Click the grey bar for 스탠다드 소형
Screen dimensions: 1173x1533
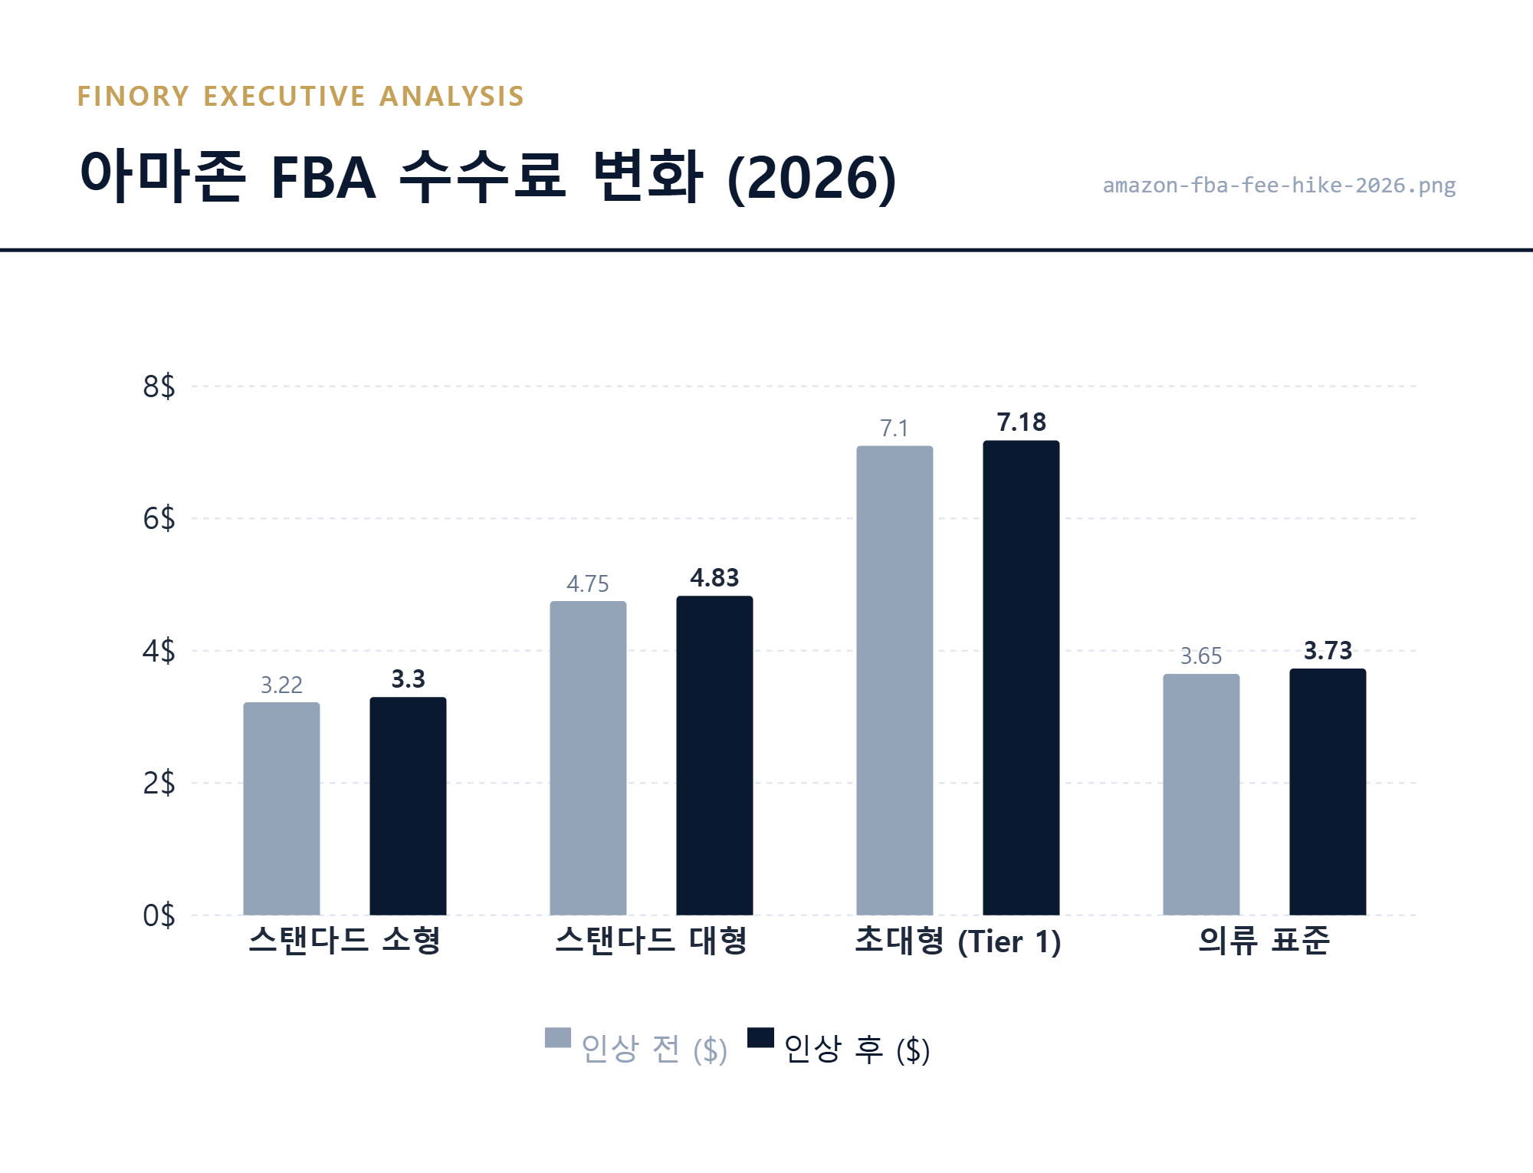click(x=281, y=808)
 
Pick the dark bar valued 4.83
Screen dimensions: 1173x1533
click(x=714, y=755)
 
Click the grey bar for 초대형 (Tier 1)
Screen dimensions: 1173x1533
click(x=895, y=680)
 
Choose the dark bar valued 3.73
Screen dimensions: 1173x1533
click(x=1328, y=791)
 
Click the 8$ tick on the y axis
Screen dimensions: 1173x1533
click(x=159, y=386)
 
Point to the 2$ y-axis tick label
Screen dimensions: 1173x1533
click(x=159, y=783)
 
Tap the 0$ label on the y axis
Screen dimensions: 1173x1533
click(x=159, y=915)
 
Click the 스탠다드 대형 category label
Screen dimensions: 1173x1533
click(x=651, y=941)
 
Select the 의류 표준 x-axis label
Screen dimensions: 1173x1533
click(x=1264, y=941)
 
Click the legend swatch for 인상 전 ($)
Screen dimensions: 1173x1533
click(x=558, y=1037)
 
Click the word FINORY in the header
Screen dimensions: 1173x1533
click(x=133, y=97)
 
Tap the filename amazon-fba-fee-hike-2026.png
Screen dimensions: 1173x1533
click(x=1279, y=186)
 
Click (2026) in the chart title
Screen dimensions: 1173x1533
click(x=811, y=178)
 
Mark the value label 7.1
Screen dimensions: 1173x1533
click(x=894, y=428)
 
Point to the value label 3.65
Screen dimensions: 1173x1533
click(x=1200, y=656)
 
